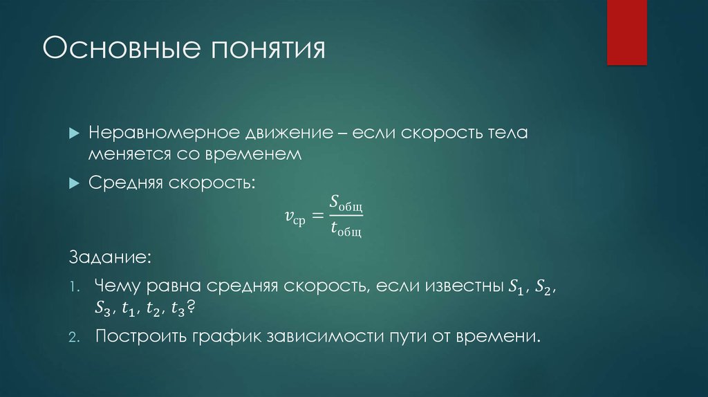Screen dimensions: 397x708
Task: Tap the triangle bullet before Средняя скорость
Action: [75, 182]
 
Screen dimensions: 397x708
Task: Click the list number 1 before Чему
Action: [75, 287]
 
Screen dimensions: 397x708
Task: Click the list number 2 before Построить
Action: [75, 338]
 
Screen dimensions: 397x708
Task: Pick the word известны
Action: [456, 286]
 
